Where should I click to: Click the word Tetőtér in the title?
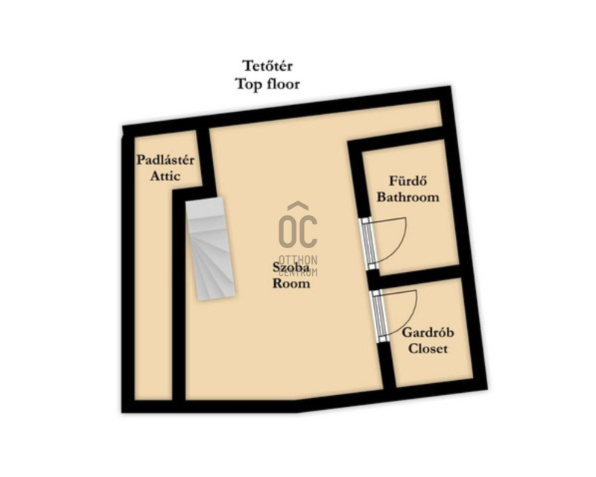pos(267,66)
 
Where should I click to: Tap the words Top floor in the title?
pos(267,83)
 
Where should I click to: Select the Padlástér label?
pos(165,159)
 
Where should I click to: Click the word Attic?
pos(165,176)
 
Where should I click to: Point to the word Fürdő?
pos(408,180)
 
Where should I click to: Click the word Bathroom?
pos(408,197)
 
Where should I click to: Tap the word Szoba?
pos(291,267)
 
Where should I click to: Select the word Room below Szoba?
pos(291,283)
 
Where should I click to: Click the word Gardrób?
pos(428,332)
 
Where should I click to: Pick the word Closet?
pos(428,349)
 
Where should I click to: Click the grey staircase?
pos(210,248)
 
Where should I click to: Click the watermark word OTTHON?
pos(298,261)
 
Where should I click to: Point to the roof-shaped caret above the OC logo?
pos(297,206)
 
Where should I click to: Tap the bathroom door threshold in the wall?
pos(368,244)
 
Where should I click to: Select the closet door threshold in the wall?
pos(379,316)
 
